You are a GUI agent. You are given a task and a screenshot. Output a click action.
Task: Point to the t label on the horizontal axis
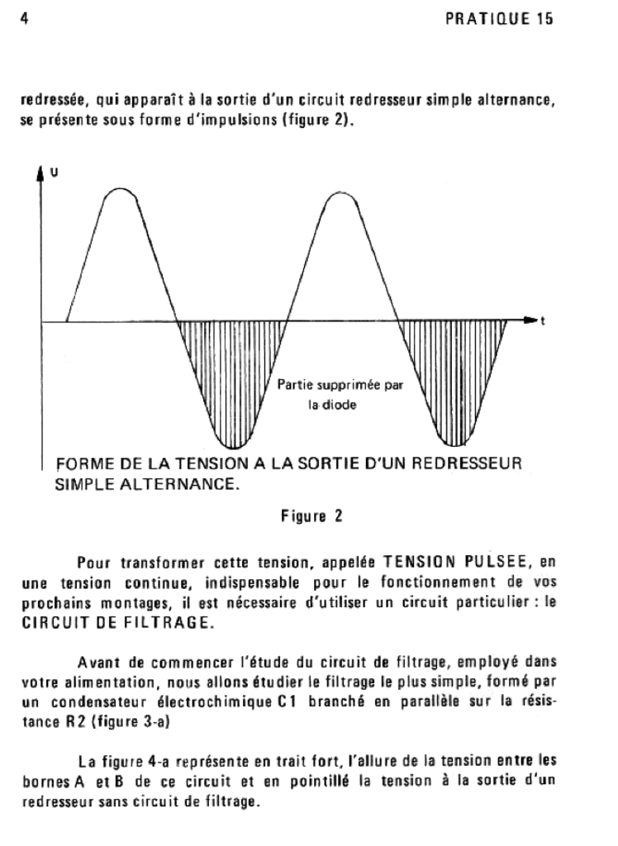point(542,321)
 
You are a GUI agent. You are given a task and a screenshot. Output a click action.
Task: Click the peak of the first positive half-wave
point(121,190)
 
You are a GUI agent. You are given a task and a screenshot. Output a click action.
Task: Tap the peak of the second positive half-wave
point(340,192)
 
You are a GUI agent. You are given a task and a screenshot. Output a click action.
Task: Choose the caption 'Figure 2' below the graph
point(309,519)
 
